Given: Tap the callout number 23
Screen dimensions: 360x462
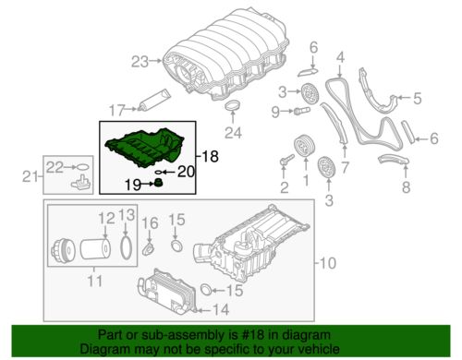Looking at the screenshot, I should coord(139,63).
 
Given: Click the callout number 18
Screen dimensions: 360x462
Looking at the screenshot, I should coord(211,158).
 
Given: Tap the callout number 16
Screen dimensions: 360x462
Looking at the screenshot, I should coord(153,222).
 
